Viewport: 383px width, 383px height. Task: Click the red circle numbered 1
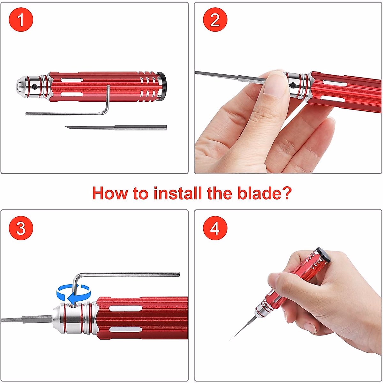21,19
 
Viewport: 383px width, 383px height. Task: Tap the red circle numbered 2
215,19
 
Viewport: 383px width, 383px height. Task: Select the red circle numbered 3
21,228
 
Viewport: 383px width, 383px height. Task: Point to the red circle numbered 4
215,228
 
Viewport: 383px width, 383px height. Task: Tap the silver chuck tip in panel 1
21,86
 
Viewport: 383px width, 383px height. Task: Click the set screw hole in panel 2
293,85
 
